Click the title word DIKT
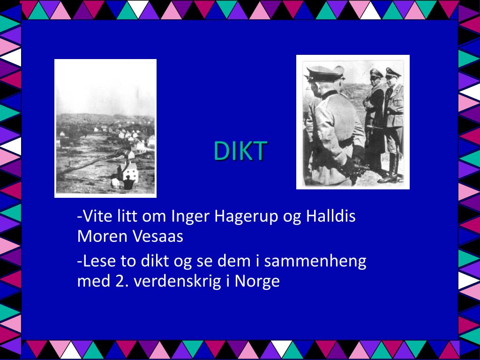point(240,151)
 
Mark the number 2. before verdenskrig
point(120,282)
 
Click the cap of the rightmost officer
point(393,73)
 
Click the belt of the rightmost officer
point(395,113)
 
